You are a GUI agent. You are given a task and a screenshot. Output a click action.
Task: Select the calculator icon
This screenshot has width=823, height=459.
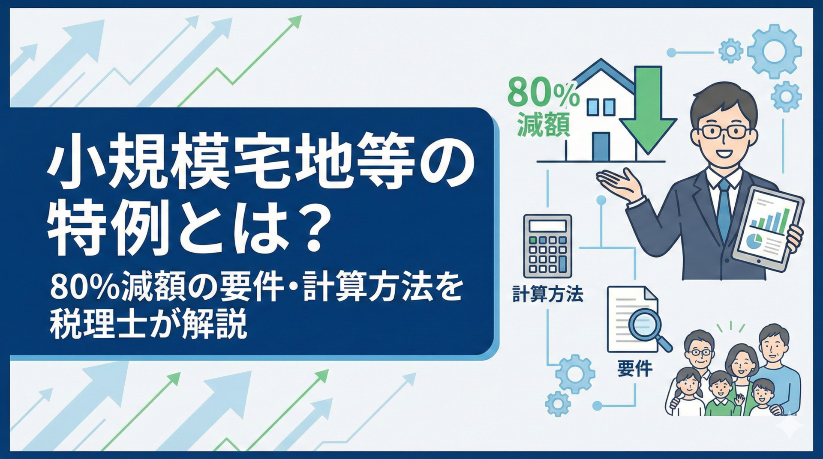click(547, 246)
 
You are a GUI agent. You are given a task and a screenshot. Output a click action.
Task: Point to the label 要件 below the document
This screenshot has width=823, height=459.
click(635, 368)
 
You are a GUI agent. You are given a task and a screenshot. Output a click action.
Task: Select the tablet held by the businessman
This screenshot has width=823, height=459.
click(767, 229)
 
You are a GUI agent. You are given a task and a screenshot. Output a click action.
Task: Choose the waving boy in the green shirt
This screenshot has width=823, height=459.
click(722, 394)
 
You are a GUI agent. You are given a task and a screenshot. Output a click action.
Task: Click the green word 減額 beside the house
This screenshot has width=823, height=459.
click(543, 124)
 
